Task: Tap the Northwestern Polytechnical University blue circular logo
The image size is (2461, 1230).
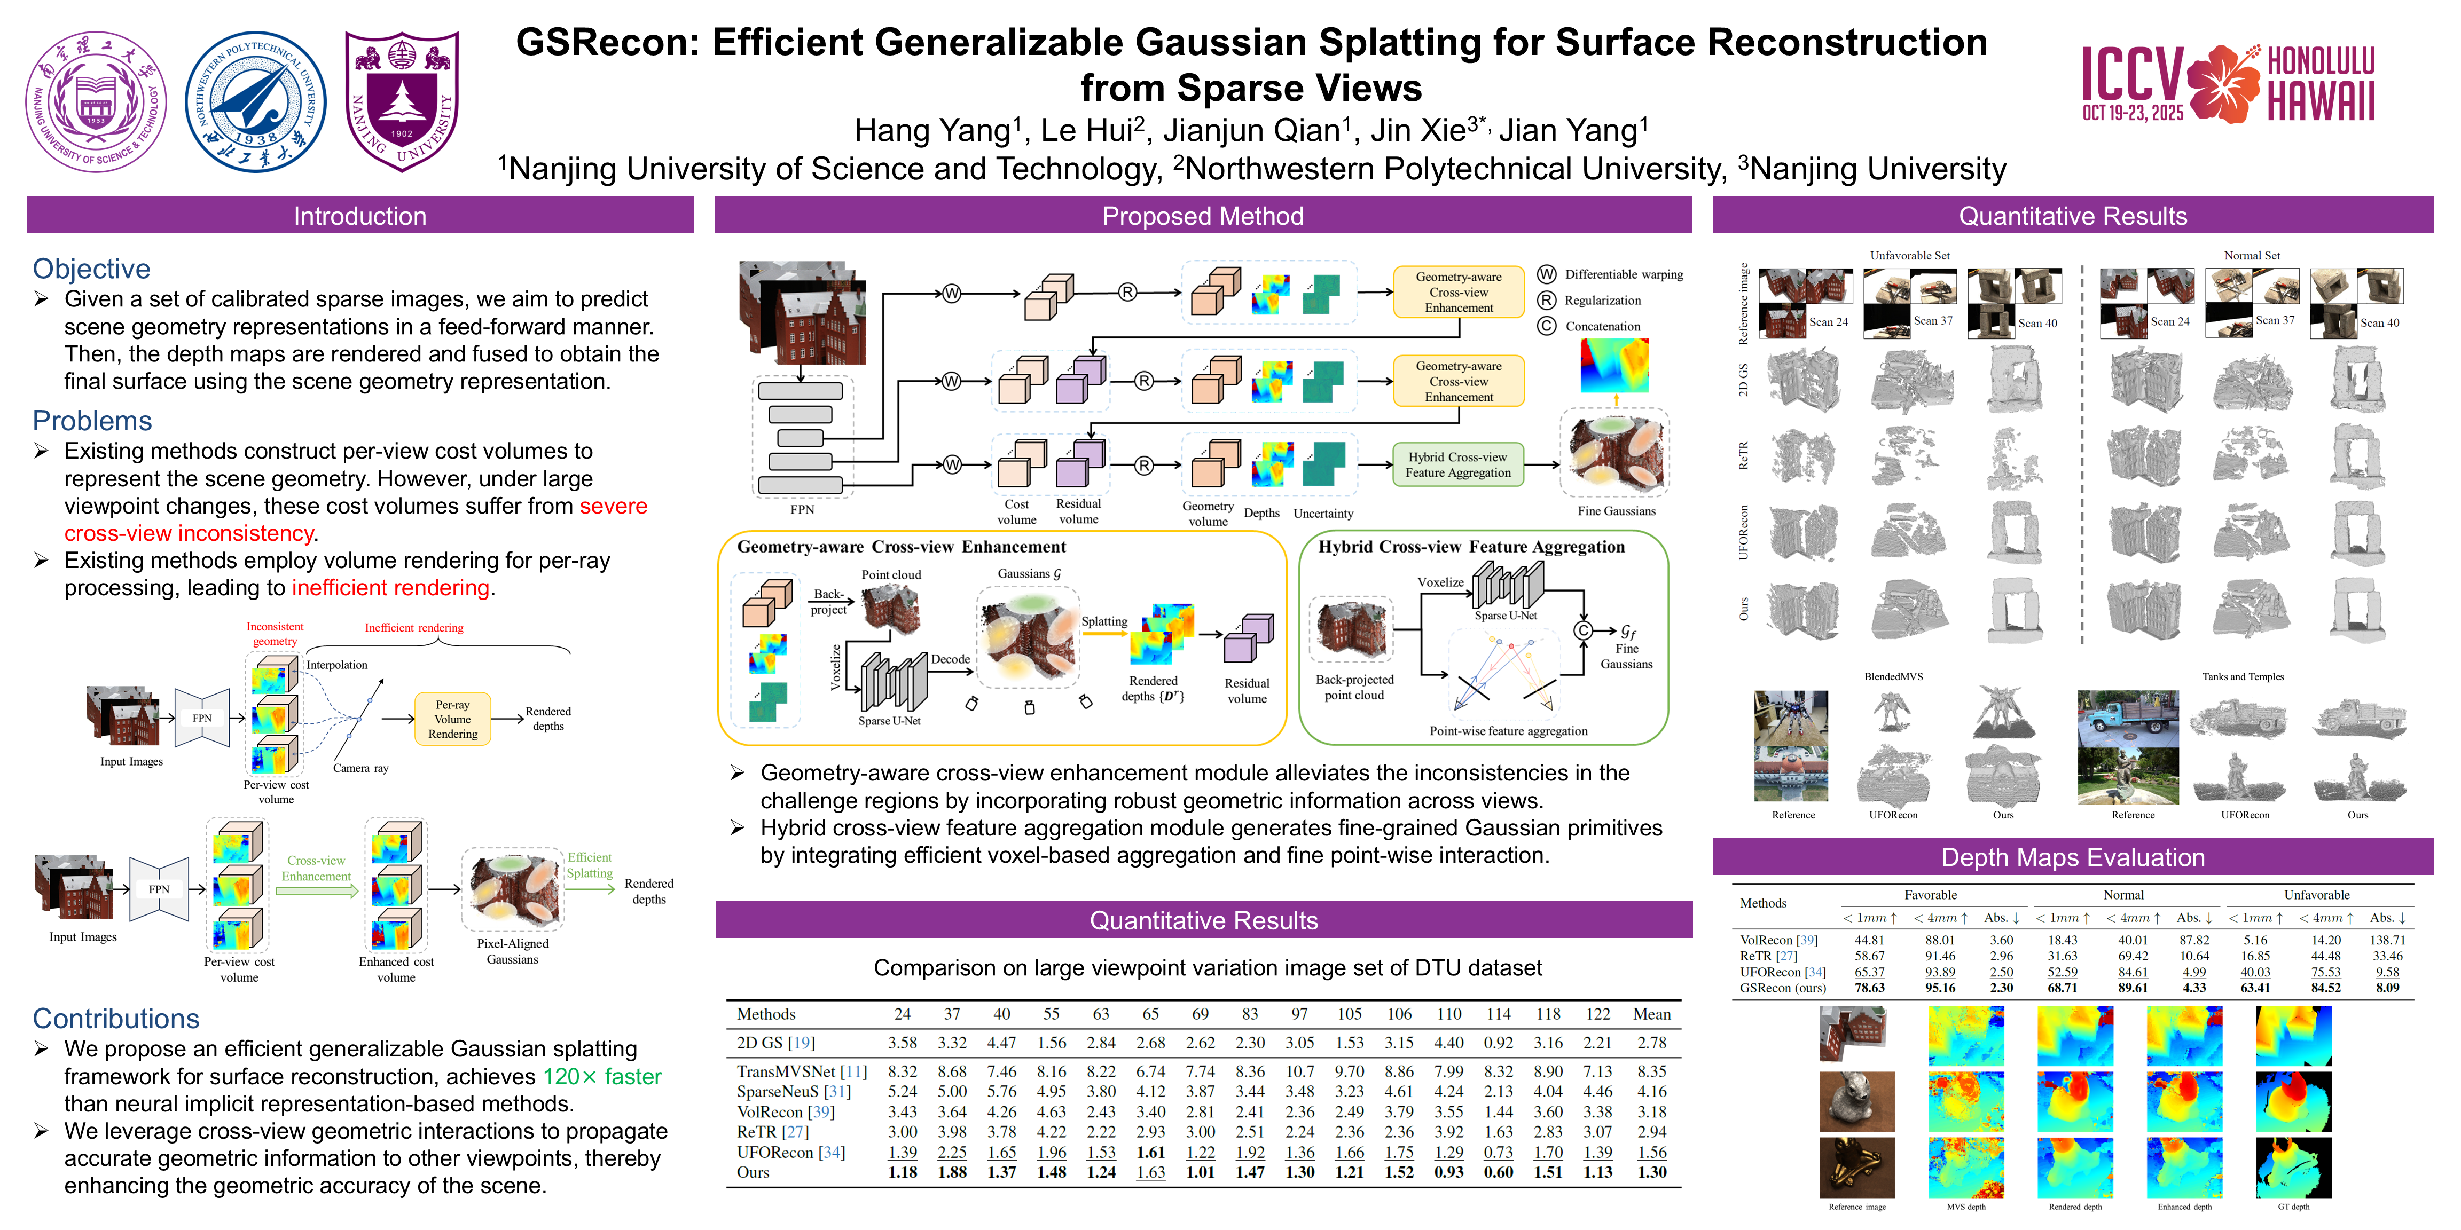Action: click(x=255, y=102)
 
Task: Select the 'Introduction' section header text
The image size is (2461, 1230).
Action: click(x=359, y=216)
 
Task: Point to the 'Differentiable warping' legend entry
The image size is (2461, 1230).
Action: click(x=1623, y=274)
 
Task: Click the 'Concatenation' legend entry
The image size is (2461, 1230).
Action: click(x=1602, y=326)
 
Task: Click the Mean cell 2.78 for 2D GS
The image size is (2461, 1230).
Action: click(x=1652, y=1042)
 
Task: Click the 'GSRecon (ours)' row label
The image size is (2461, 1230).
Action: click(x=1782, y=988)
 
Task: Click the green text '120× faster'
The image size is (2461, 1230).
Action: click(x=602, y=1076)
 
